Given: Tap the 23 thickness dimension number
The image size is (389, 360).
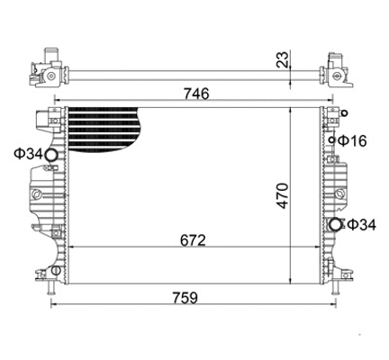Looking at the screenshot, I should [x=282, y=61].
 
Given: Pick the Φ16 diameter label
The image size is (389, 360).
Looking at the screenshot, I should [x=353, y=141].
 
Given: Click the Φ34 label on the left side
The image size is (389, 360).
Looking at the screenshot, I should [x=24, y=155].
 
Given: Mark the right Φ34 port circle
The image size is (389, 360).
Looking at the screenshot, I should [x=334, y=224].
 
